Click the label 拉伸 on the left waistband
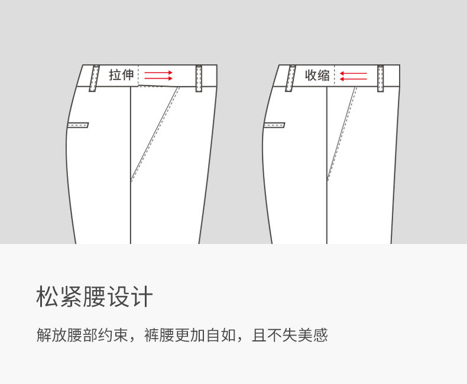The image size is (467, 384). point(121,75)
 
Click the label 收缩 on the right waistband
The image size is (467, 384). point(317,75)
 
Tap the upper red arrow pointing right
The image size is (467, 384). point(158,72)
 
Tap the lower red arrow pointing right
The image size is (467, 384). point(158,79)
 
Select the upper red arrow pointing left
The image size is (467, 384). point(354,72)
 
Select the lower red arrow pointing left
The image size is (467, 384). point(354,79)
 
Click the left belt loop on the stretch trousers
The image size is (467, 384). point(95,78)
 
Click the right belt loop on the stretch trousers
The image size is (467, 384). point(199,79)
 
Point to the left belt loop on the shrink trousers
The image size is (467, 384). point(291,78)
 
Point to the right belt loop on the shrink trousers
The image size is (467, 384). point(381,79)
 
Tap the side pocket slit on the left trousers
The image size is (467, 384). point(78,125)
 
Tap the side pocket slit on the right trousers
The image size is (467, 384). point(274,125)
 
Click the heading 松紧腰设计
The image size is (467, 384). point(95,297)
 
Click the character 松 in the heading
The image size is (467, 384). point(47,297)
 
